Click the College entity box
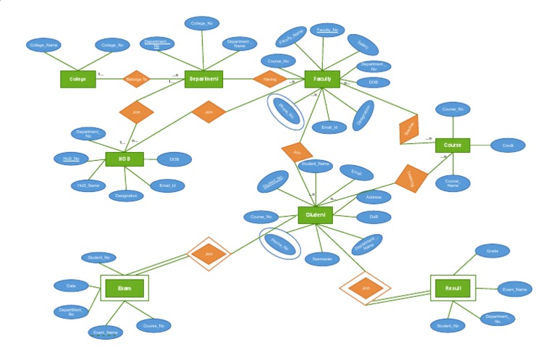[x=77, y=79]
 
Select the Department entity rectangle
[x=203, y=79]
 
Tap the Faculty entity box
[x=322, y=79]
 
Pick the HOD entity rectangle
[x=124, y=159]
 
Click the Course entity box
[x=452, y=146]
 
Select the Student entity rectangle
[x=316, y=215]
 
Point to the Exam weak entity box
[x=124, y=288]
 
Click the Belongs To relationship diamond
[x=136, y=79]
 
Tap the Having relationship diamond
[x=270, y=79]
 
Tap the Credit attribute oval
[x=508, y=146]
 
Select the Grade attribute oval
[x=492, y=251]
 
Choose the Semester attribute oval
[x=321, y=259]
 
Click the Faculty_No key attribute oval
[x=327, y=30]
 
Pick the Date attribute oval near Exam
[x=71, y=285]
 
